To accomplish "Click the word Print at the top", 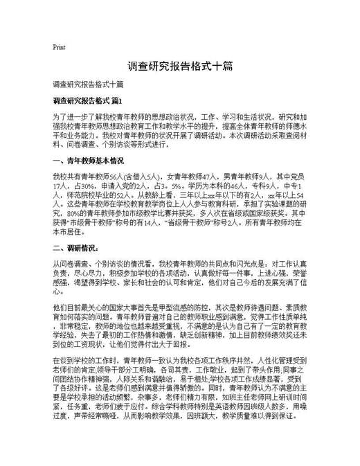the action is pyautogui.click(x=59, y=47).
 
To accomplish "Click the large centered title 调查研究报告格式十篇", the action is pyautogui.click(x=179, y=68).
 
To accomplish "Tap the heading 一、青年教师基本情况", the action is pyautogui.click(x=88, y=161).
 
